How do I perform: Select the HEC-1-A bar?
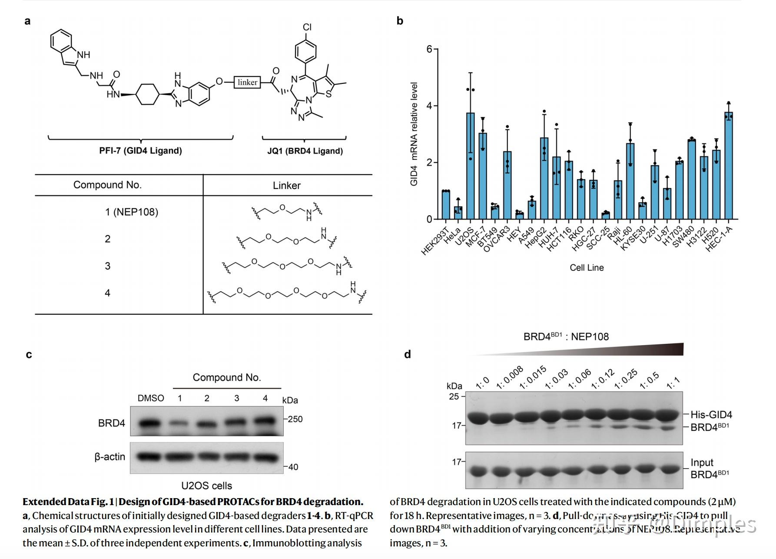(728, 166)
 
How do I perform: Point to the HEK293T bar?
(446, 205)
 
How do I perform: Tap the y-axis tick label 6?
(429, 49)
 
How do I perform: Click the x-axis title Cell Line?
(587, 268)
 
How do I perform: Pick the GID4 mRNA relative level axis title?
(414, 134)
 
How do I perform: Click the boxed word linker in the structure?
(247, 82)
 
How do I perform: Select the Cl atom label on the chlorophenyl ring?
(307, 27)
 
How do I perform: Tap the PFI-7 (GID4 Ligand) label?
(140, 151)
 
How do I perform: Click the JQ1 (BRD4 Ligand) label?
(305, 151)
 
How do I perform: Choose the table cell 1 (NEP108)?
(131, 212)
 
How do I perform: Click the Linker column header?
(286, 186)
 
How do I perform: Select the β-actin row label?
(109, 457)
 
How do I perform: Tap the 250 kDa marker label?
(295, 419)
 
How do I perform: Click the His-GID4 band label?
(711, 415)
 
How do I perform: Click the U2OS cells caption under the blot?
(206, 486)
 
